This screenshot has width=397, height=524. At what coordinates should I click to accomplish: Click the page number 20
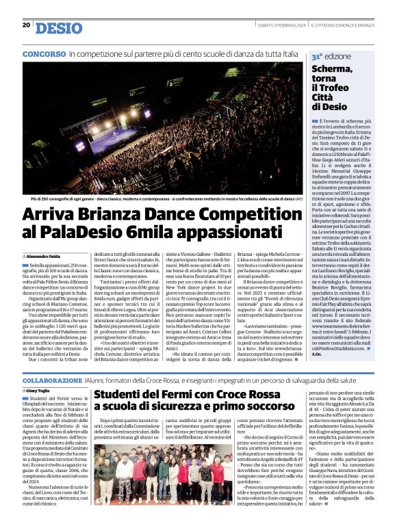pos(26,25)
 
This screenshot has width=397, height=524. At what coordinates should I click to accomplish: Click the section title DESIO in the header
pos(58,28)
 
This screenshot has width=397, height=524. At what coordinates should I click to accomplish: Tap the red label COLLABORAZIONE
pos(60,380)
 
